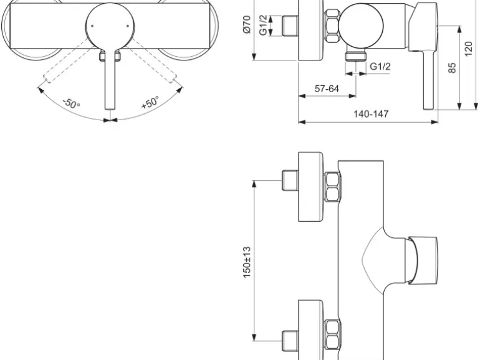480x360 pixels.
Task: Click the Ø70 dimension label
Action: (247, 24)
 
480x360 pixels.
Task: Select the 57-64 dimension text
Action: (327, 88)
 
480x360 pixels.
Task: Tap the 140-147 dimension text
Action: (371, 114)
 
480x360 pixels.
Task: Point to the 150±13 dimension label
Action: (247, 262)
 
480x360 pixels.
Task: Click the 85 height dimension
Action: (452, 68)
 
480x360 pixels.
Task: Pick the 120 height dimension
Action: (468, 49)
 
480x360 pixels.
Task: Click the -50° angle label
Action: (71, 103)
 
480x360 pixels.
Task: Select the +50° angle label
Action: (150, 102)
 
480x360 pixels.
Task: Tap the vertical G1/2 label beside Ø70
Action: (263, 26)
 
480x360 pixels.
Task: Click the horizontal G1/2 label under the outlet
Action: (380, 67)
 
